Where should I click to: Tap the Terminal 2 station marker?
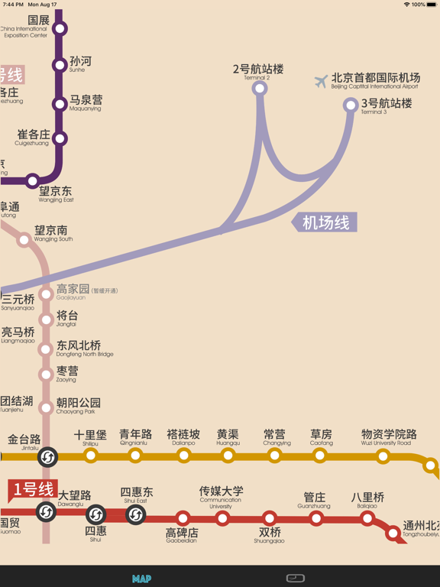(x=260, y=89)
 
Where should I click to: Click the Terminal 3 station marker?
(x=351, y=105)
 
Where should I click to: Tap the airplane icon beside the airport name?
(x=321, y=81)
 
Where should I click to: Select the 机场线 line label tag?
(x=325, y=222)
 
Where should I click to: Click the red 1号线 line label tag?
(x=33, y=489)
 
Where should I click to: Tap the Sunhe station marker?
(x=60, y=66)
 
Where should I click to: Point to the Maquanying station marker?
(x=60, y=103)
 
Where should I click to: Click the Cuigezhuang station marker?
(x=60, y=139)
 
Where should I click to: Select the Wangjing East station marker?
(x=32, y=182)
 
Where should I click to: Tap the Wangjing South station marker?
(x=24, y=240)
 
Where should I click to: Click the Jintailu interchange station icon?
(x=47, y=457)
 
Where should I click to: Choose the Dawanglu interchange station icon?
(x=46, y=512)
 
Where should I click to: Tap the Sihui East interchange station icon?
(x=136, y=514)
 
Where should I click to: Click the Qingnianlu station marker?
(x=135, y=456)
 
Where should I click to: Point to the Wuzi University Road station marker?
(x=383, y=457)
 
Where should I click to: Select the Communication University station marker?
(x=222, y=518)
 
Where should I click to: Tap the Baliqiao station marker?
(x=367, y=518)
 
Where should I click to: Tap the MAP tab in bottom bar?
(x=141, y=579)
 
